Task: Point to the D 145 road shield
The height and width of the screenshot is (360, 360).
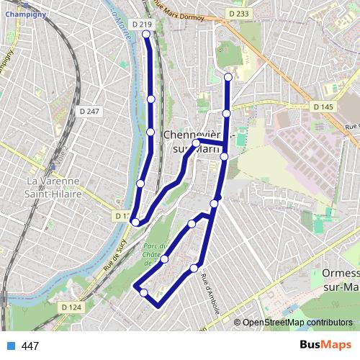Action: [323, 107]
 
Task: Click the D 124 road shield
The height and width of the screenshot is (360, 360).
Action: [71, 307]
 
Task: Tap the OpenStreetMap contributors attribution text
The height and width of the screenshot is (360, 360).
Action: [298, 323]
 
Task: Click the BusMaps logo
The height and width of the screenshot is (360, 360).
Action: [326, 346]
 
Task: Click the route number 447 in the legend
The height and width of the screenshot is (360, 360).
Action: [30, 346]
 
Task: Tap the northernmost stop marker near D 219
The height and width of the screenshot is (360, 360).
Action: [146, 34]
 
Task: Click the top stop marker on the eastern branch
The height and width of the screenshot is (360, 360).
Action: [228, 77]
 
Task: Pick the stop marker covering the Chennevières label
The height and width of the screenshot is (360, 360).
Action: [196, 143]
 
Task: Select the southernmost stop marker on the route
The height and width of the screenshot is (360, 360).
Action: [143, 292]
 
